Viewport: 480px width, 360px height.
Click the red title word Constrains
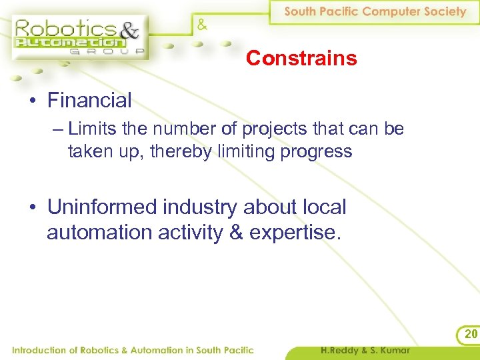point(301,59)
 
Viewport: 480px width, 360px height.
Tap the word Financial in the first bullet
point(89,101)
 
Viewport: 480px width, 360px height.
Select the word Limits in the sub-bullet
point(91,129)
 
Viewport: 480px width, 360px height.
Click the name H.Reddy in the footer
point(340,350)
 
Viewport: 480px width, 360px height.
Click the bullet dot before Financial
point(33,101)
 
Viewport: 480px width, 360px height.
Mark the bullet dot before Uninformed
point(33,208)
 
